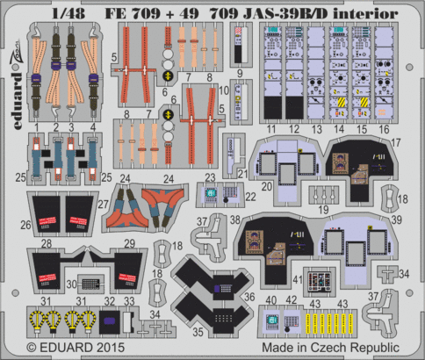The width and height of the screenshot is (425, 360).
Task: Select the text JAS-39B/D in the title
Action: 264,12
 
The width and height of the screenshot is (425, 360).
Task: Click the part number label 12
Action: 294,129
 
